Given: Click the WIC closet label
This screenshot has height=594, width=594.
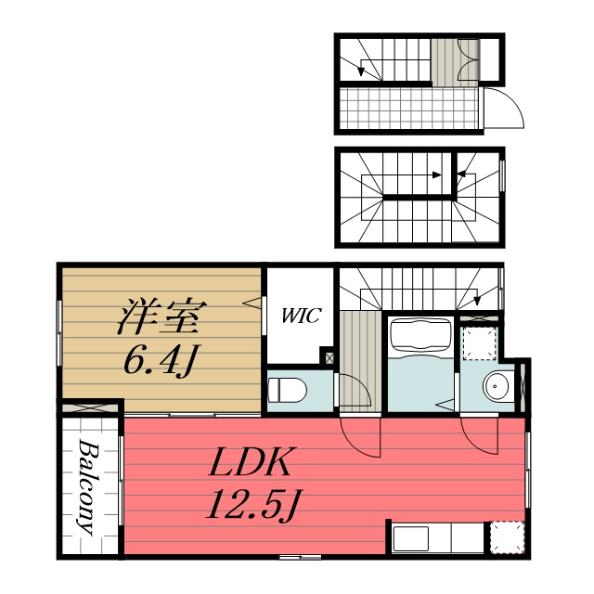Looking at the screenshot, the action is [x=302, y=316].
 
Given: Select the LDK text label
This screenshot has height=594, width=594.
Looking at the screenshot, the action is [x=252, y=461].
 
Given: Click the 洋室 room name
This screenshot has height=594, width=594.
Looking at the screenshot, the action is [x=161, y=316].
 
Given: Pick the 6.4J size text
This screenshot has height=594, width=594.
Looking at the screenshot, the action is [x=161, y=360].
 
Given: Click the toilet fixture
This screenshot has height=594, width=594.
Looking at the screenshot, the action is [x=287, y=390].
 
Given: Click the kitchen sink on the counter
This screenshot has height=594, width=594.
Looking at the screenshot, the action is [x=410, y=538].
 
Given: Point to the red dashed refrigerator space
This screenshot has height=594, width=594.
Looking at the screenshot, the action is [x=507, y=538].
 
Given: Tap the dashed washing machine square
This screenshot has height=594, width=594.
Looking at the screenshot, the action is [x=480, y=343].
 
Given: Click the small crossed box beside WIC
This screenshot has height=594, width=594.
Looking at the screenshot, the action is [x=329, y=357].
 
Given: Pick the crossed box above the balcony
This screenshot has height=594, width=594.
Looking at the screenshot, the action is [x=91, y=409].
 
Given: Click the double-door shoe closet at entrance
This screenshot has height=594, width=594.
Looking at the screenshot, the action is [x=468, y=59].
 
